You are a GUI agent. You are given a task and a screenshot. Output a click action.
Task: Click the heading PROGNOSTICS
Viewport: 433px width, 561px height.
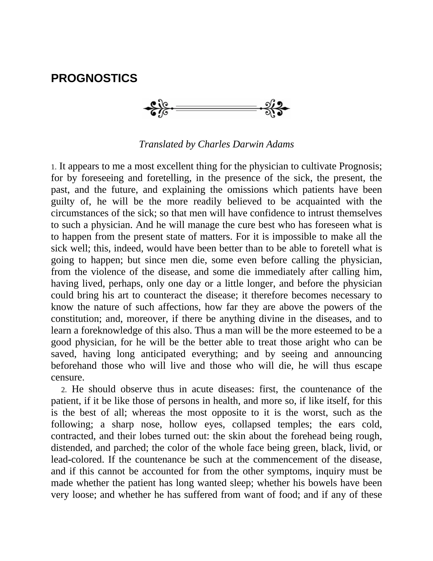(94, 78)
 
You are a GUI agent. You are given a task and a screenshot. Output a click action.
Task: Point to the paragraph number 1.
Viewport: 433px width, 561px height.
(53, 167)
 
